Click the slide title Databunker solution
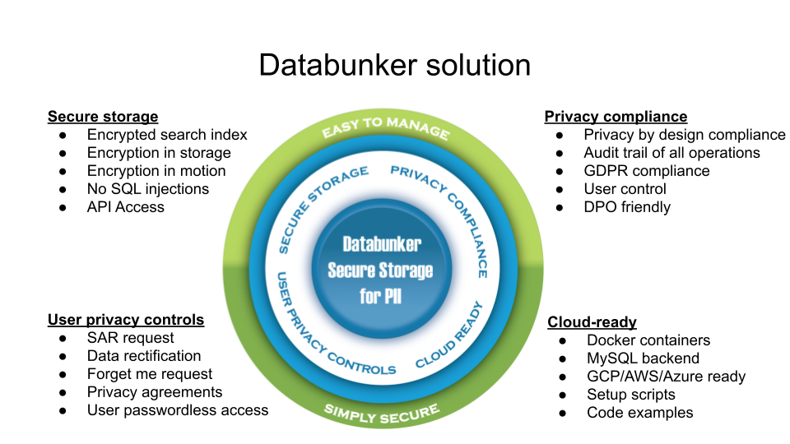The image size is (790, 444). (x=394, y=64)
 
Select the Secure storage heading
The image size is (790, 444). (x=103, y=117)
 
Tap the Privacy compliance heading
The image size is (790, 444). (x=616, y=117)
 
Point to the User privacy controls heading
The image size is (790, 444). (x=126, y=320)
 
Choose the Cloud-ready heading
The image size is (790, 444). (x=592, y=322)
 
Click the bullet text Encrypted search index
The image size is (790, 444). (x=167, y=135)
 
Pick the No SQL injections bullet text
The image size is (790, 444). (x=148, y=189)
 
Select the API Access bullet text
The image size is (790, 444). (x=126, y=207)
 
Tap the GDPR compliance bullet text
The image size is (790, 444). (x=647, y=171)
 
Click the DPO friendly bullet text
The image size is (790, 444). (x=627, y=207)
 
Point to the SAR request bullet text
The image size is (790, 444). (x=131, y=338)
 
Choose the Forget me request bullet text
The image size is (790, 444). (x=150, y=374)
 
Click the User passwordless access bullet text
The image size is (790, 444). (x=178, y=410)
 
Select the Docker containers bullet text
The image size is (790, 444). (x=648, y=340)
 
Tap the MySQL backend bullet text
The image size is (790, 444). (x=643, y=358)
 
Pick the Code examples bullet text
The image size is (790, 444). (x=640, y=413)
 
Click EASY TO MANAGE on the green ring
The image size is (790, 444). (x=385, y=127)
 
